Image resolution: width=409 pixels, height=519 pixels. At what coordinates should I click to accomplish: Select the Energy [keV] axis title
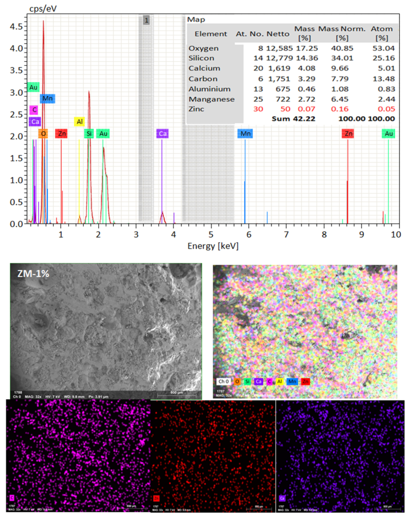click(x=213, y=246)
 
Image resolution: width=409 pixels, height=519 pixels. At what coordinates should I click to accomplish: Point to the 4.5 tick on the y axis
click(x=16, y=27)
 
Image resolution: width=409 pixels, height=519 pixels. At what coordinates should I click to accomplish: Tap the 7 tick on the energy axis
click(x=286, y=235)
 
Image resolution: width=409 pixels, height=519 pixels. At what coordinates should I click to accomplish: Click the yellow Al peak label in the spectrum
click(x=80, y=122)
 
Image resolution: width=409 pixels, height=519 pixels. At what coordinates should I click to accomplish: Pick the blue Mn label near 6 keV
click(x=246, y=134)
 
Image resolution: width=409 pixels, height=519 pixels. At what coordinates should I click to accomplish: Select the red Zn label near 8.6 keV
click(x=348, y=134)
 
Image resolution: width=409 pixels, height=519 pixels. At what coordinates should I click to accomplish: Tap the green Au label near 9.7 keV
click(x=389, y=134)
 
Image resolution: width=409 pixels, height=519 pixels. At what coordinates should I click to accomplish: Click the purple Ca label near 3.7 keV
click(x=162, y=134)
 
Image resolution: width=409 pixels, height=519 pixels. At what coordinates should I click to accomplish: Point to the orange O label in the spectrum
click(x=43, y=134)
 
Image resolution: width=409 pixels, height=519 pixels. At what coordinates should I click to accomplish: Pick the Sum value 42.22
click(x=303, y=118)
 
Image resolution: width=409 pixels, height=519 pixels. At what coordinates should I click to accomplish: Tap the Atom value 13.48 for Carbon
click(x=383, y=79)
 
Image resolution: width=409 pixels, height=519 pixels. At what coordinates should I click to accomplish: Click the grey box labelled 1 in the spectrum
click(x=147, y=20)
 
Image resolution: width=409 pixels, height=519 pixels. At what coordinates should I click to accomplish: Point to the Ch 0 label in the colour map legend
click(x=224, y=381)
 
